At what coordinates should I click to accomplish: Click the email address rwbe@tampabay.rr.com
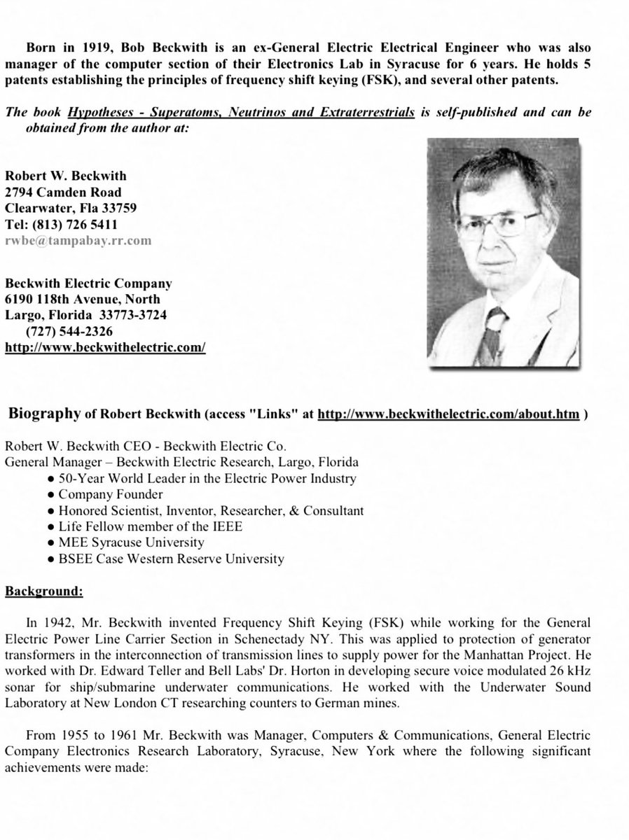tap(78, 240)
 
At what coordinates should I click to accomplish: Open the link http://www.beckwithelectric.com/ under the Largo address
tap(105, 346)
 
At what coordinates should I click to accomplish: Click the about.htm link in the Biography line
tap(448, 414)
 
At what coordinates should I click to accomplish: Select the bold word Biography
tap(44, 414)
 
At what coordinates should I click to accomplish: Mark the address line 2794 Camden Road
tap(63, 192)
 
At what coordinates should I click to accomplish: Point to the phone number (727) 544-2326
tap(69, 330)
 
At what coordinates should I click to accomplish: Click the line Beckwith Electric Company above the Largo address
tap(88, 283)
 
